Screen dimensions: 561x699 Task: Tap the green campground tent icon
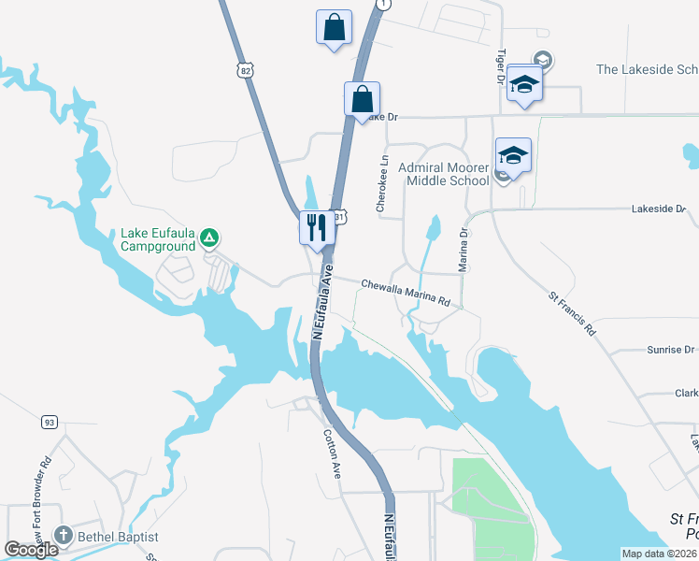(x=211, y=239)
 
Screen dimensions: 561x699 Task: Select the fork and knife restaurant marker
(x=316, y=227)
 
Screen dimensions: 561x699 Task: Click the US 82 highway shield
(x=245, y=70)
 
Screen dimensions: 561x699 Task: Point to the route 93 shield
(x=49, y=423)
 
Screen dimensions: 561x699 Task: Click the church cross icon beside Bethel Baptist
(x=64, y=537)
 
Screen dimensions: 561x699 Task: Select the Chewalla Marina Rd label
(x=407, y=292)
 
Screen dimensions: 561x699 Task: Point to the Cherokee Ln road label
(x=382, y=184)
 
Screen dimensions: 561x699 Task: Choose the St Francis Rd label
(x=572, y=313)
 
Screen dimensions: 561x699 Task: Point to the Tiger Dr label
(x=502, y=66)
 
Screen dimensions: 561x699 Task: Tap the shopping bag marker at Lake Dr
(x=362, y=98)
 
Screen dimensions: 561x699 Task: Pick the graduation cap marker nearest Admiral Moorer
(x=513, y=154)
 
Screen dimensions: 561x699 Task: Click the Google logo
(x=32, y=550)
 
